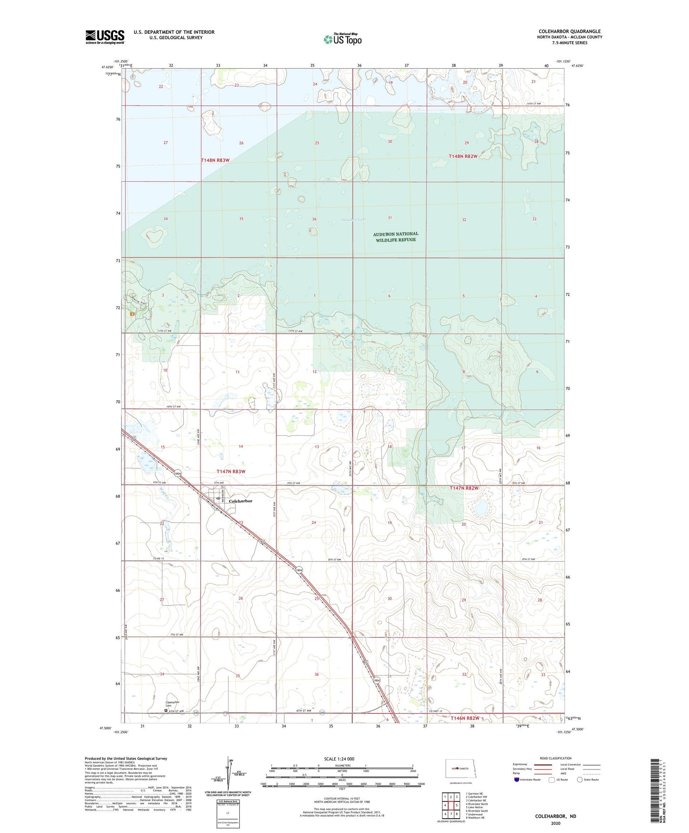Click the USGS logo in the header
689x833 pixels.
pyautogui.click(x=105, y=37)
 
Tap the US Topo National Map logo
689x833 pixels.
pyautogui.click(x=342, y=39)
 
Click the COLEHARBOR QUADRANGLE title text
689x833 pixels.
pyautogui.click(x=569, y=31)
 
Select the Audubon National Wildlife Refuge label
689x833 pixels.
pyautogui.click(x=395, y=237)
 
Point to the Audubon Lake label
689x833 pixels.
pyautogui.click(x=354, y=220)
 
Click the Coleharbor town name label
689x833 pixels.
pyautogui.click(x=240, y=501)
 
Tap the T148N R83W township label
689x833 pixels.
pyautogui.click(x=215, y=160)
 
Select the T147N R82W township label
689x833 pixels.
pyautogui.click(x=464, y=489)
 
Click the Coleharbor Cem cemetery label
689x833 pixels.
pyautogui.click(x=172, y=704)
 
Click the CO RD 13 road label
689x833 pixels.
pyautogui.click(x=158, y=559)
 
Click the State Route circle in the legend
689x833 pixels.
pyautogui.click(x=580, y=780)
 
